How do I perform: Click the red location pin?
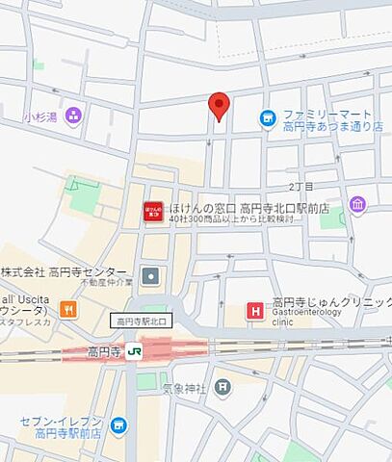click(220, 106)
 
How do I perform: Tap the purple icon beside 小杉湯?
click(73, 116)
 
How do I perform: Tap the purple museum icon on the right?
click(358, 204)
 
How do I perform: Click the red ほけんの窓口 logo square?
click(153, 212)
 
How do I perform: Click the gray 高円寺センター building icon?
click(150, 276)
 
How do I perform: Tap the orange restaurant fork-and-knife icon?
click(67, 309)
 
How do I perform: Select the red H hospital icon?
click(254, 310)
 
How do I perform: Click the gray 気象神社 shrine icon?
click(223, 388)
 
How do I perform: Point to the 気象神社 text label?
click(183, 388)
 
